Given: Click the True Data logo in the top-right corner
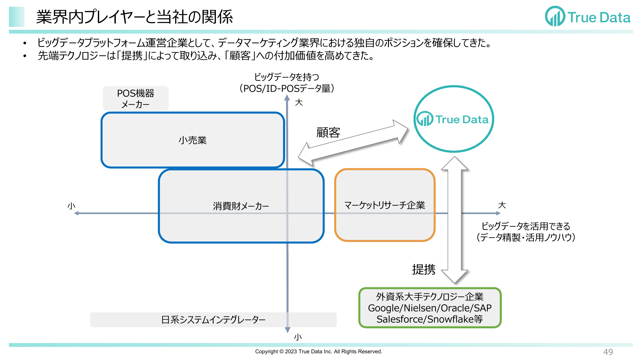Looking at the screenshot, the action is (x=588, y=16).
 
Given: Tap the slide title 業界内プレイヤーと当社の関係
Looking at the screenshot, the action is (x=135, y=17).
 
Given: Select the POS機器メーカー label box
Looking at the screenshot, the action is (x=136, y=99).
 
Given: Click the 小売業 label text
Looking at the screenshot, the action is (x=193, y=140).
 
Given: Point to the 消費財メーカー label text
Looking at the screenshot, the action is (x=241, y=206).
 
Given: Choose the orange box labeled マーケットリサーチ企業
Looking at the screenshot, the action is (x=385, y=205).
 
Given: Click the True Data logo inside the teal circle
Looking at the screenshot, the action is (x=453, y=119).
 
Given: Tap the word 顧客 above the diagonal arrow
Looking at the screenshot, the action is (x=328, y=132).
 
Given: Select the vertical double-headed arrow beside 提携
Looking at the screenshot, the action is (x=454, y=220).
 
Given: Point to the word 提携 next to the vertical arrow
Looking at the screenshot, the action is (x=424, y=269).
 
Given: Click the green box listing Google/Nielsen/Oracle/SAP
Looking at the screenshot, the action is (x=430, y=308).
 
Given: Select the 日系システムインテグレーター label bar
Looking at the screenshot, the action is (x=213, y=320).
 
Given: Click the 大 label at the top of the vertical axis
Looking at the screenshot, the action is (x=299, y=102).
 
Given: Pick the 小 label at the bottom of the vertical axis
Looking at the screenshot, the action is (x=298, y=337).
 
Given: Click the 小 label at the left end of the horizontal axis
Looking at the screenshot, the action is (x=71, y=206).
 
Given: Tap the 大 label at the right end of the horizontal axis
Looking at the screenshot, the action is (x=502, y=205).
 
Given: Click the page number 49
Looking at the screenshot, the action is (x=608, y=352).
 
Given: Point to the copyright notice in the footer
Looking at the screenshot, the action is (x=319, y=351).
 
